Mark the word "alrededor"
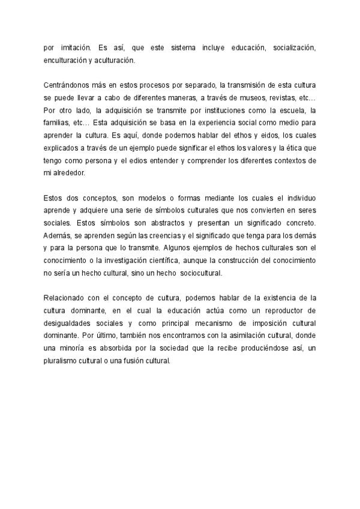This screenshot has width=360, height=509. tap(68, 173)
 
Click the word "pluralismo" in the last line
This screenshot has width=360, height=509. tap(63, 362)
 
